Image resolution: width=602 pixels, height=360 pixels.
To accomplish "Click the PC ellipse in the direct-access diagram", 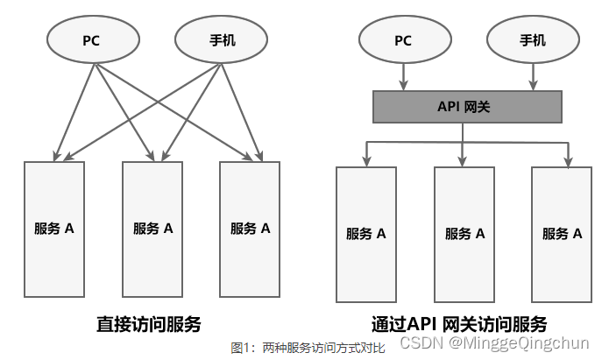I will click(91, 40).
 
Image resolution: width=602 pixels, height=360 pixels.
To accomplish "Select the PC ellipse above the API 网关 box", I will click(403, 40).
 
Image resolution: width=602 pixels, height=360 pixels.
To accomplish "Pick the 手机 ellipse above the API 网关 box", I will click(532, 40).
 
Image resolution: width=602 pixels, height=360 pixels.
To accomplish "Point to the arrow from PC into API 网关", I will click(403, 77).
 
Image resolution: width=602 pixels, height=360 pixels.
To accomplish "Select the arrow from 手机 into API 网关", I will click(532, 77).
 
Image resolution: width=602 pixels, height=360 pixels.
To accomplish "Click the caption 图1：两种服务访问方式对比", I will click(308, 348).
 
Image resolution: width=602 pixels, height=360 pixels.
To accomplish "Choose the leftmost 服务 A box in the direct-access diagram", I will click(54, 229).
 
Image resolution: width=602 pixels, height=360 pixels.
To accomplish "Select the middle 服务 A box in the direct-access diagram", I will click(152, 229).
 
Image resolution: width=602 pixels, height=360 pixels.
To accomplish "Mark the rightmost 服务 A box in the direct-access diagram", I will click(249, 229).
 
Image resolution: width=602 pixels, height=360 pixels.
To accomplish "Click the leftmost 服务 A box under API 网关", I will click(365, 233).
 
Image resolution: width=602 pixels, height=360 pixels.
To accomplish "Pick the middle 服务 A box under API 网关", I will click(464, 233).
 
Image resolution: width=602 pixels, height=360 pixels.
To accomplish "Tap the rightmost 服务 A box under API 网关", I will click(561, 233).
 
